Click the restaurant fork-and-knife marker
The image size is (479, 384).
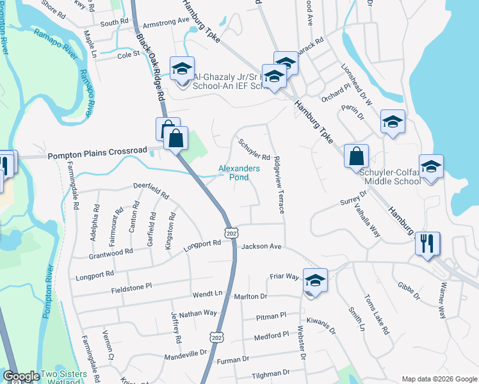coord(427,244)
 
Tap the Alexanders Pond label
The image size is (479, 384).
coord(239,173)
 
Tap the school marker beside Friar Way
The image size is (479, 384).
coord(315,281)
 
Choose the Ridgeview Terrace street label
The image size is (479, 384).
coord(278,184)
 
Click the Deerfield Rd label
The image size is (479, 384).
coord(150,191)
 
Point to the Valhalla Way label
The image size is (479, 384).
coord(368,221)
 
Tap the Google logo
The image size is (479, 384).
coord(21,377)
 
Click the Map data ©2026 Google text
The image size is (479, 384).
coord(439,379)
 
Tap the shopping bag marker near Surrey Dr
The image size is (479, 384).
coord(356,156)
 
